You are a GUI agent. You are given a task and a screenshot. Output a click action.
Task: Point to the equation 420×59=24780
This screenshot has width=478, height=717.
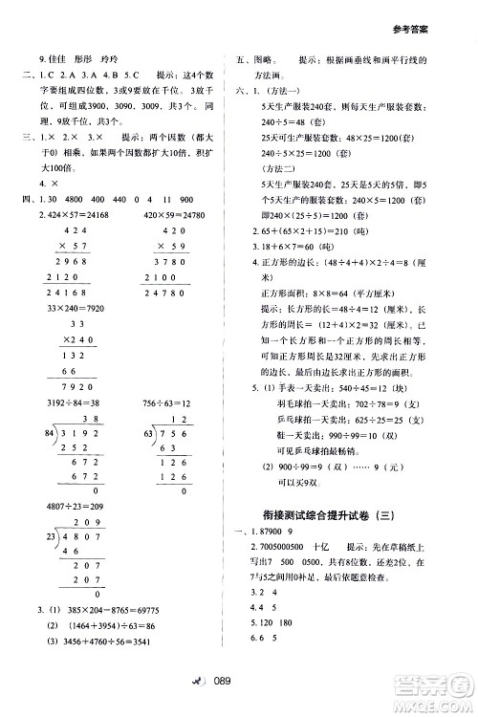pos(177,216)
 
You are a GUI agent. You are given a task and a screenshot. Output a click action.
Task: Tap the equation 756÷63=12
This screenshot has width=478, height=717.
pos(168,430)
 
